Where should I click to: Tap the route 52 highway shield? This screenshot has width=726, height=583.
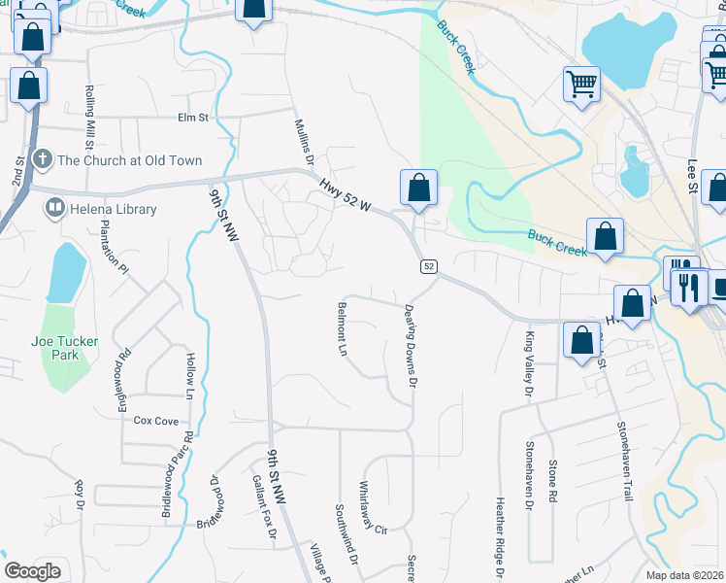click(428, 266)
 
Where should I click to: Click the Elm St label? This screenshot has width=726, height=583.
click(193, 118)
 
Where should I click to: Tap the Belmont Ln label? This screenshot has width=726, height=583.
click(342, 329)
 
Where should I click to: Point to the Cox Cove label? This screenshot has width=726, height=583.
click(156, 421)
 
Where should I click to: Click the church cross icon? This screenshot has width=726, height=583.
click(42, 158)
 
